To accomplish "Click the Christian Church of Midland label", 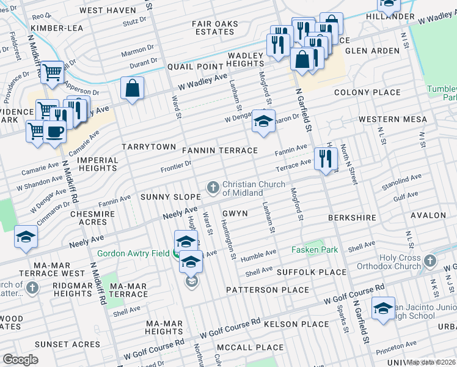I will (254, 188).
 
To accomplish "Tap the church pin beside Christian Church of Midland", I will (213, 187).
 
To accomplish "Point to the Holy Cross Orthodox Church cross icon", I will (431, 261).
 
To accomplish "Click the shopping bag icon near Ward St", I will (132, 89).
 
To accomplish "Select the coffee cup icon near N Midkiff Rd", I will (54, 131).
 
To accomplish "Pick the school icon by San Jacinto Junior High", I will (382, 308).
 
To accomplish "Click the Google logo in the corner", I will (20, 360).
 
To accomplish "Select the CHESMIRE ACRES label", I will (92, 218).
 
